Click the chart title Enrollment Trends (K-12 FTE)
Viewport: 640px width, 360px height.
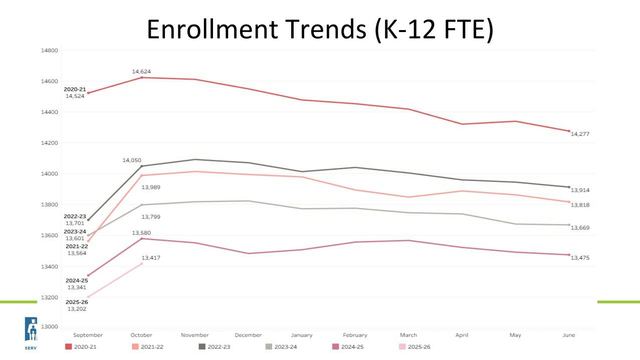coord(320,29)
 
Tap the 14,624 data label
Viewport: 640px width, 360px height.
coord(141,72)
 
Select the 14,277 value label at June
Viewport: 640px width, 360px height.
coord(580,134)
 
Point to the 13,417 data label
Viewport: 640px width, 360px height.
coord(151,258)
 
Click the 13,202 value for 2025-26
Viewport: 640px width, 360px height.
coord(77,309)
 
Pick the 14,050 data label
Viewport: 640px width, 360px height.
coord(132,160)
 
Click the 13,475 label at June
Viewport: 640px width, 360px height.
coord(580,258)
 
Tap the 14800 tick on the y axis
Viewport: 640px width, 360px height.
coord(50,51)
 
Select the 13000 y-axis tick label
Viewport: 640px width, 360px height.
coord(50,327)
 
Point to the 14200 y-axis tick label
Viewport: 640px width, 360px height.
coord(50,143)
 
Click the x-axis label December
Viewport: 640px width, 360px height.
coord(248,335)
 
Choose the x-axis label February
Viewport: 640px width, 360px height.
coord(355,335)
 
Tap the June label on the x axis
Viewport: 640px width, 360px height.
coord(568,335)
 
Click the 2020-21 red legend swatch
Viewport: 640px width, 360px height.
coord(69,346)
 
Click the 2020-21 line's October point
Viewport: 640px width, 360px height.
coord(142,77)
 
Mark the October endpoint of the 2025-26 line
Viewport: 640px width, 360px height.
coord(142,264)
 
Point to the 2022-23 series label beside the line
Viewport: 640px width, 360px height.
coord(75,217)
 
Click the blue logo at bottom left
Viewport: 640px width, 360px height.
coord(31,329)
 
